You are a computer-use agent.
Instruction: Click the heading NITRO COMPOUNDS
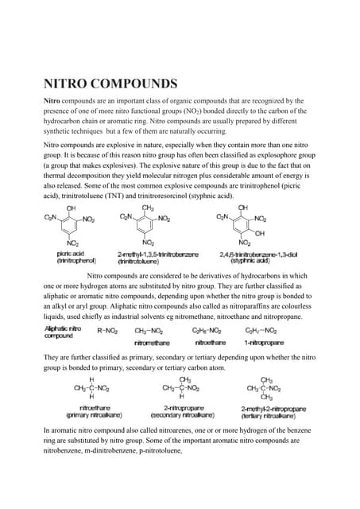click(110, 84)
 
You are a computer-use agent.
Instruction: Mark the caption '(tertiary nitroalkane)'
click(268, 416)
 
